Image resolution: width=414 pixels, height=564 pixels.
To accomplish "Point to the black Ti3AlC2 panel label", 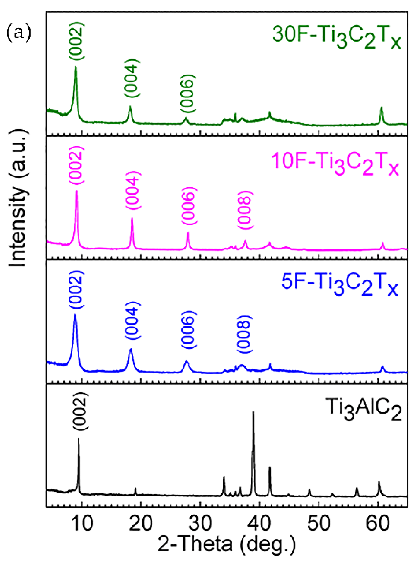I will [x=365, y=408].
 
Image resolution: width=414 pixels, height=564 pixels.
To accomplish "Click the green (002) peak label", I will [x=76, y=41].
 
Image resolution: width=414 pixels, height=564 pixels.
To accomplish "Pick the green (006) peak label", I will [x=187, y=94].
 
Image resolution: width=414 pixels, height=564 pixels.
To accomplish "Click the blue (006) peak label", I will [x=189, y=329].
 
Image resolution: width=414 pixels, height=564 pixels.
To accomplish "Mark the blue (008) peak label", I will [x=244, y=334].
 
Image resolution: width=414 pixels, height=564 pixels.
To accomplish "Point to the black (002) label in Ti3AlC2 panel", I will [x=80, y=411].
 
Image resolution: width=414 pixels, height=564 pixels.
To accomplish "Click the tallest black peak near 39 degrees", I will [x=253, y=412].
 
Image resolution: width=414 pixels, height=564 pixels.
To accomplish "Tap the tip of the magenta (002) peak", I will [x=77, y=191].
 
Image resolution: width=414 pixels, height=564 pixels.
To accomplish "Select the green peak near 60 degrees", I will [x=381, y=108].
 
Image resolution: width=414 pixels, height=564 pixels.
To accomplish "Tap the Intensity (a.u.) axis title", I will [x=18, y=198].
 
